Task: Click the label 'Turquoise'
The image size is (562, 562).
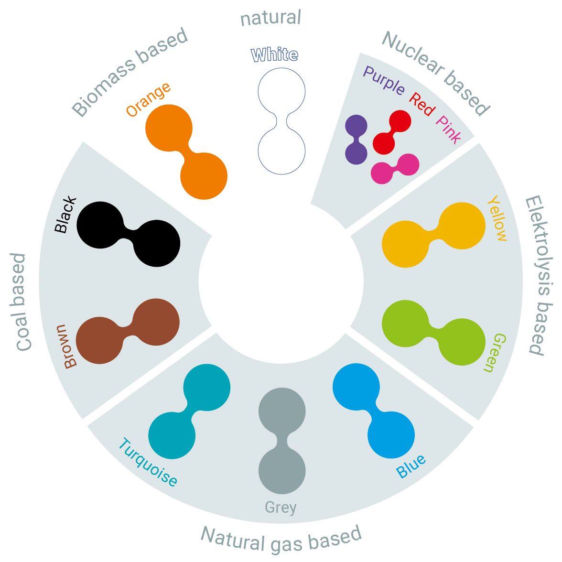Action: [147, 462]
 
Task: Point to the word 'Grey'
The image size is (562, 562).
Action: [281, 508]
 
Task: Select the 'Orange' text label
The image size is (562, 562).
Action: [148, 99]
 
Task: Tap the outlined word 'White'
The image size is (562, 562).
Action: [275, 55]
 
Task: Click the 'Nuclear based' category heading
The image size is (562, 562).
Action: [436, 73]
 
